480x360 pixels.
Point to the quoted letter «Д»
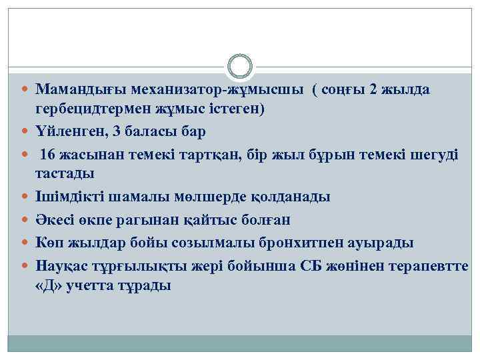(49, 285)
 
